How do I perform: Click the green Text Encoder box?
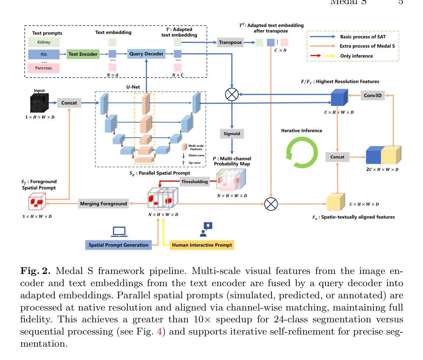pyautogui.click(x=83, y=54)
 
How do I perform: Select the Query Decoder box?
pyautogui.click(x=146, y=54)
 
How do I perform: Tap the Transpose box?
pyautogui.click(x=230, y=42)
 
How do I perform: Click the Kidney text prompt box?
pyautogui.click(x=44, y=42)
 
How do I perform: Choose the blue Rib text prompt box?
pyautogui.click(x=44, y=55)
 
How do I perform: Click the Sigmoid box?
pyautogui.click(x=232, y=134)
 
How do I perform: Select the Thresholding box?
pyautogui.click(x=195, y=181)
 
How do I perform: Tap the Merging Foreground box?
pyautogui.click(x=103, y=203)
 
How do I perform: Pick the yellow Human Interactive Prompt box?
pyautogui.click(x=202, y=245)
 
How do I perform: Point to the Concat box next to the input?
pyautogui.click(x=69, y=103)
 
